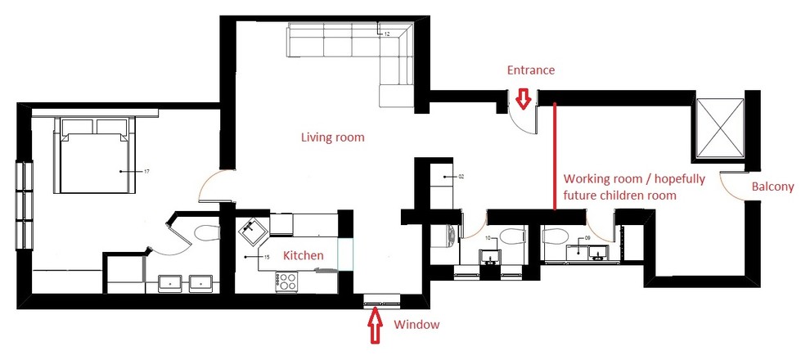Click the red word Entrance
click(x=531, y=70)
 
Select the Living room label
click(x=331, y=137)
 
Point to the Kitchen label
click(x=303, y=256)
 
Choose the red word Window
click(x=416, y=325)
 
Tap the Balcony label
click(x=772, y=187)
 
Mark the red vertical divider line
click(x=555, y=155)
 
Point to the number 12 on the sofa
click(x=386, y=34)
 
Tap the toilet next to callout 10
click(x=512, y=239)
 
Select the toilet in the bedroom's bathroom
click(x=207, y=232)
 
